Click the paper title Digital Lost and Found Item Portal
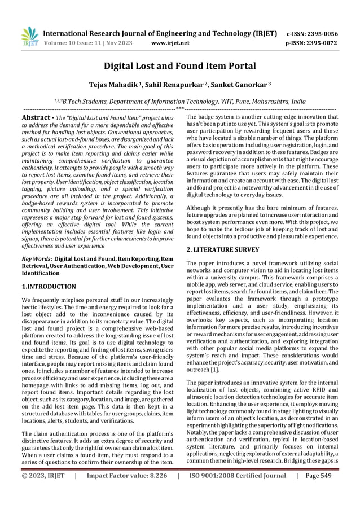(179, 67)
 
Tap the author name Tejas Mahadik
(107, 84)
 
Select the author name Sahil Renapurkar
(175, 84)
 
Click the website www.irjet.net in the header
(170, 42)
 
